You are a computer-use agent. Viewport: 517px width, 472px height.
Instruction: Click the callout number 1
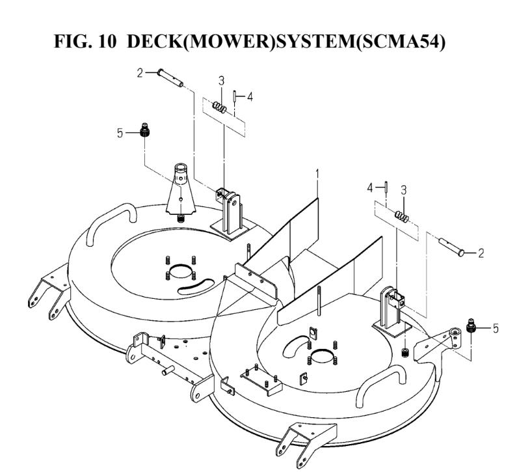pos(317,174)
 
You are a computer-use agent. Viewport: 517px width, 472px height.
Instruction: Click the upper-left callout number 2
pos(140,73)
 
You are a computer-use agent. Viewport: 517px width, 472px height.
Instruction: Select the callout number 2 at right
pos(481,253)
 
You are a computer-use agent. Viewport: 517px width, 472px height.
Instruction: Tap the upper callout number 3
pos(221,81)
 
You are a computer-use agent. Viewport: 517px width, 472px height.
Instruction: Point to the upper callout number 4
pos(250,97)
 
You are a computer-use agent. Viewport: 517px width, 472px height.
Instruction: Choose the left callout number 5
pos(120,133)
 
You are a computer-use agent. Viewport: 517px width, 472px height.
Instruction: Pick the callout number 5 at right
pos(496,328)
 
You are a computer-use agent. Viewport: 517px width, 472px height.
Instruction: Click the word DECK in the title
pos(154,42)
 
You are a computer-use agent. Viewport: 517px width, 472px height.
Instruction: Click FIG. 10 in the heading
pos(85,42)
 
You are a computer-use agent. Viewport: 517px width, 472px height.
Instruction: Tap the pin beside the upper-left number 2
pos(170,78)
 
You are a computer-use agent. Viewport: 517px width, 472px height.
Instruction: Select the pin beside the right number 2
pos(451,247)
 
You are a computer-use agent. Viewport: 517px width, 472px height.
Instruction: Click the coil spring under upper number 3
pos(220,107)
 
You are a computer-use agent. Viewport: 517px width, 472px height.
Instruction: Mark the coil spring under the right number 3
pos(403,217)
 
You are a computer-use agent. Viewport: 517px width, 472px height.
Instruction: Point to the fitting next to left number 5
pos(144,130)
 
